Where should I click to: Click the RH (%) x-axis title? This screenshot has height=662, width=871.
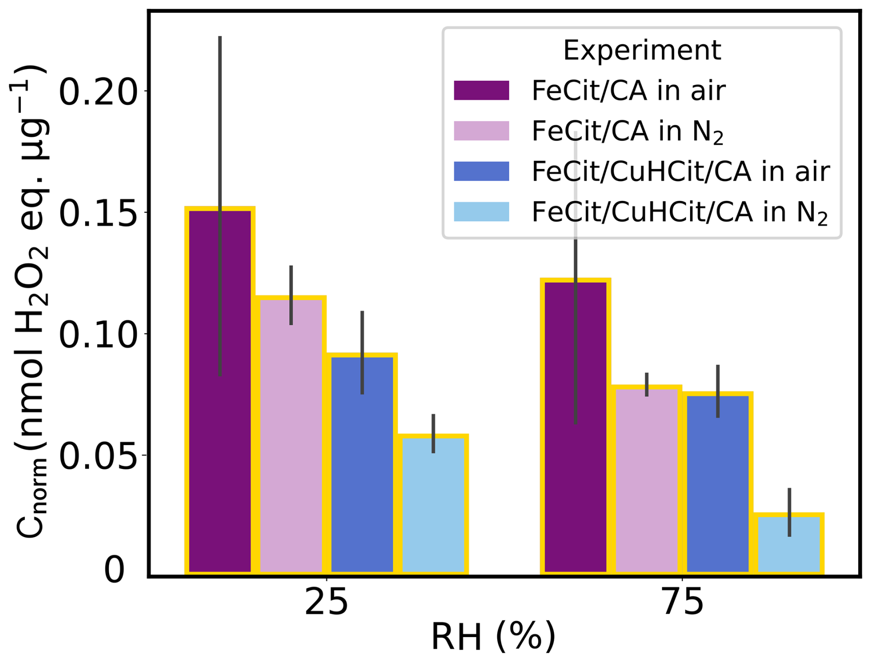[493, 638]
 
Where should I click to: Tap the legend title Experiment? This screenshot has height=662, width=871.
[642, 50]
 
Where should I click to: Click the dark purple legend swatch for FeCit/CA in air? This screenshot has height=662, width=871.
[482, 90]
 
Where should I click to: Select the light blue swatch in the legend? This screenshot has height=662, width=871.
[482, 212]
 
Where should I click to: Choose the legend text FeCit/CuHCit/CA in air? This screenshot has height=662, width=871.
[680, 171]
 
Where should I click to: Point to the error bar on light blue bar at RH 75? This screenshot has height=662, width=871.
[789, 512]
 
